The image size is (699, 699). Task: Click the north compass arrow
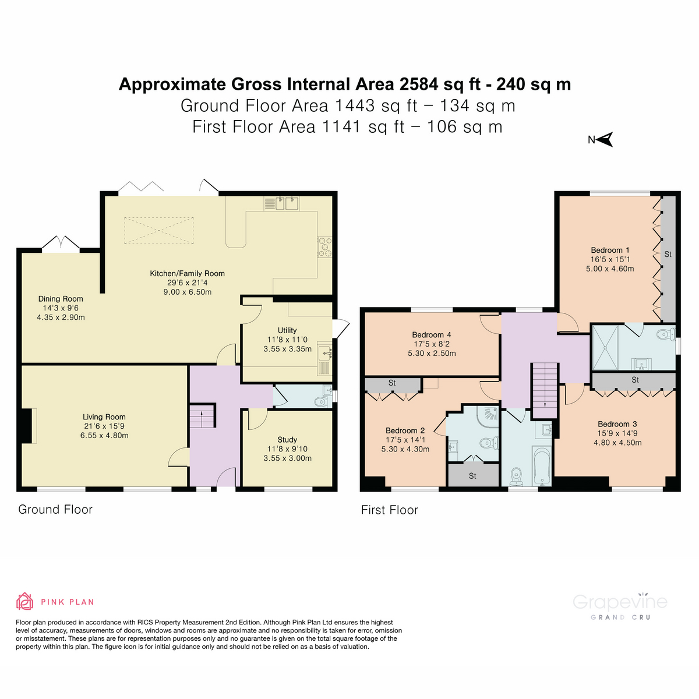(x=606, y=140)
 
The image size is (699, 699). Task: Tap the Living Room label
(x=104, y=417)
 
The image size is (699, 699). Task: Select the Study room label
(x=287, y=440)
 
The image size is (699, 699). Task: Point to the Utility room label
(x=287, y=330)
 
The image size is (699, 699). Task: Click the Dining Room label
(x=61, y=299)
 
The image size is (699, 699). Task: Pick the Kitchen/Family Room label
(x=187, y=273)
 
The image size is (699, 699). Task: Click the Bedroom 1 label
(x=610, y=250)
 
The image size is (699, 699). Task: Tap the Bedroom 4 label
(x=432, y=335)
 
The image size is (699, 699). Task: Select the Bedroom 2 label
(x=405, y=431)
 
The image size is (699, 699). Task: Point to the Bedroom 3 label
(x=617, y=424)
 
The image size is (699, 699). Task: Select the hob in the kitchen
(x=324, y=246)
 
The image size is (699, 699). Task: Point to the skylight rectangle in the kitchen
(x=159, y=231)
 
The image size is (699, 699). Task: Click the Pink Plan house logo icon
(x=24, y=601)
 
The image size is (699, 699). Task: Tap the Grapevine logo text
(x=620, y=602)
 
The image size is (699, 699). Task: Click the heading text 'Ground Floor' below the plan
(x=55, y=510)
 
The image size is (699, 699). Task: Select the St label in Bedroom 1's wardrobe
(x=668, y=255)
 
